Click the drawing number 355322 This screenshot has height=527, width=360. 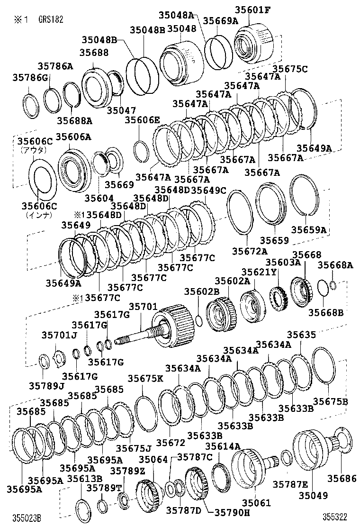(336, 516)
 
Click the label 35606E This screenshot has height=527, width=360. (142, 120)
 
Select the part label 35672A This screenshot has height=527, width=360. (249, 251)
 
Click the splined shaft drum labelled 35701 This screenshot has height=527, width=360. (171, 325)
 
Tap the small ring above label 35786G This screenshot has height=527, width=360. (32, 104)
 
